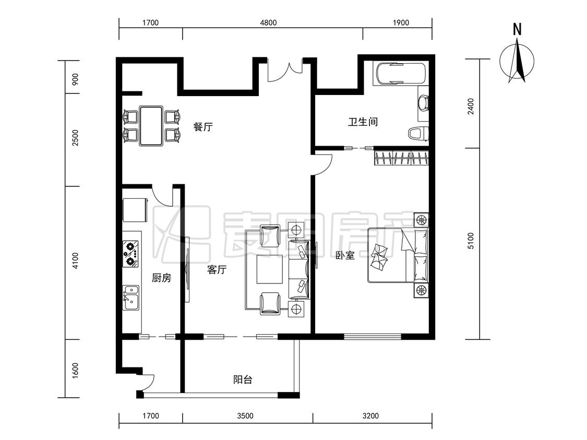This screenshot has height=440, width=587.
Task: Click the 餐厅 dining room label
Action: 203,126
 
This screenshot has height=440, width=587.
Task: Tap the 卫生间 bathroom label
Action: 363,122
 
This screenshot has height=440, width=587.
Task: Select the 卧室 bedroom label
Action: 345,256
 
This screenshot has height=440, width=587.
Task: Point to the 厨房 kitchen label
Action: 161,278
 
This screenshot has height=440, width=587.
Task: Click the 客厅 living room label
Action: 217,270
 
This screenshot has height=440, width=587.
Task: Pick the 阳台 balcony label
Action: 243,379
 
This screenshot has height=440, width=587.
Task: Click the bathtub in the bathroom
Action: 401,74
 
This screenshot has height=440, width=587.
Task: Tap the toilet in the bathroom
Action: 418,134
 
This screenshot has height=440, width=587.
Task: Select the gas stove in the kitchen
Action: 130,254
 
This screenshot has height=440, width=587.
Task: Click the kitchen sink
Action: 130,298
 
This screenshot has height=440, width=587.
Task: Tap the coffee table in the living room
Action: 270,269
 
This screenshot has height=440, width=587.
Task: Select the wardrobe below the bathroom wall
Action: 401,157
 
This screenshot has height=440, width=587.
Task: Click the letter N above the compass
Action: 517,29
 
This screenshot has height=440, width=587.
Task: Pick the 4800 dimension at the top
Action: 268,23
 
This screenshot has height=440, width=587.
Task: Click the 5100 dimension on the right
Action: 471,241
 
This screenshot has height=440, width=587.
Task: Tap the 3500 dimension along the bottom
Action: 245,415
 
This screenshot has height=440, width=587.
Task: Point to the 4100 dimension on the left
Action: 75,260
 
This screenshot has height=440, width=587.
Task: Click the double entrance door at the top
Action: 285,70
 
